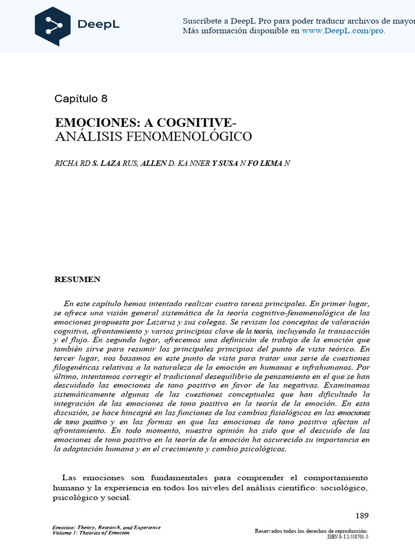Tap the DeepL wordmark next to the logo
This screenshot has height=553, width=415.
coord(101,25)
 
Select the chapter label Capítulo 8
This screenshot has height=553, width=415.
coord(81,98)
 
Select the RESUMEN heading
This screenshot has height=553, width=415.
coord(77,279)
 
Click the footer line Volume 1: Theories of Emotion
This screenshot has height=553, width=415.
coord(91,533)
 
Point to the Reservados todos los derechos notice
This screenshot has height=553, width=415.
coord(311,531)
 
